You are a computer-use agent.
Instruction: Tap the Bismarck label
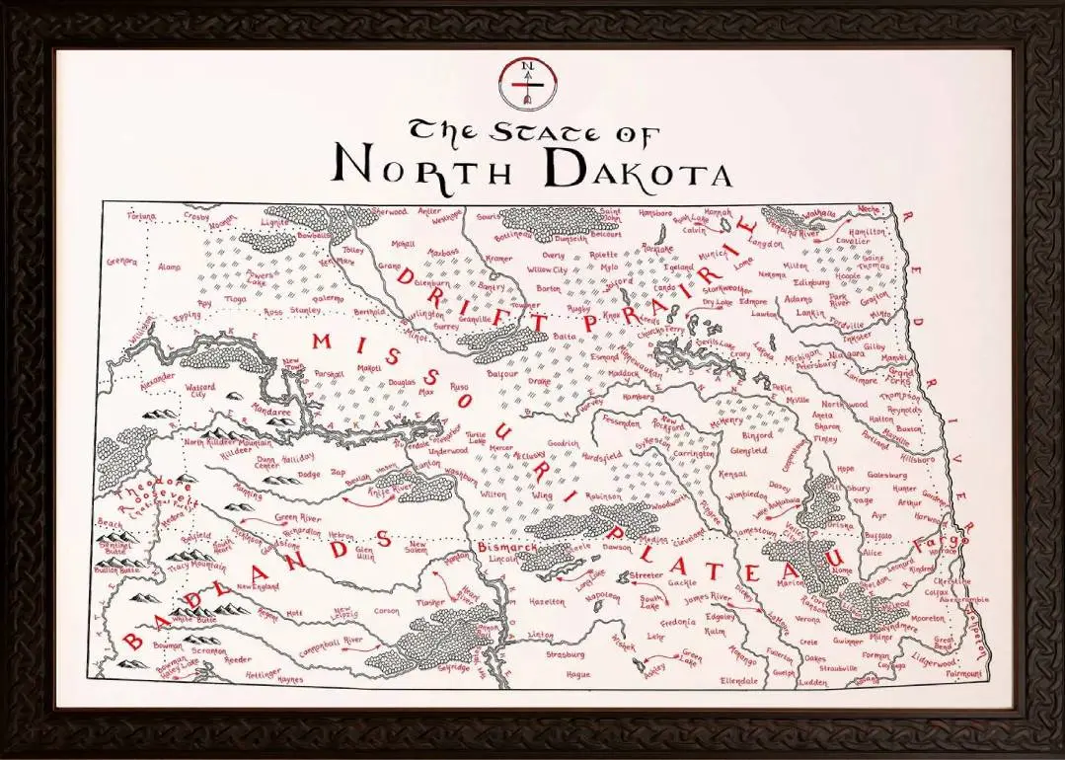click(x=506, y=546)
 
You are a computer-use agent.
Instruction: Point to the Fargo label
click(x=929, y=541)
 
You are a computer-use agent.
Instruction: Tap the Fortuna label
click(x=142, y=215)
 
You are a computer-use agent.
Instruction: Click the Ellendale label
click(x=739, y=680)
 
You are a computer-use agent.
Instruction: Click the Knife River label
click(x=395, y=486)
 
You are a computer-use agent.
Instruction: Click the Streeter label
click(x=647, y=573)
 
